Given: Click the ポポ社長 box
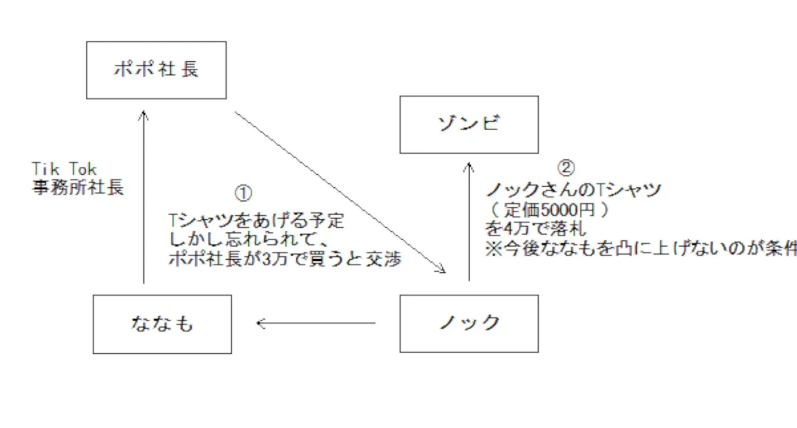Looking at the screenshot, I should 156,70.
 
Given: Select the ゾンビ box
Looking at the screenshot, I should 469,125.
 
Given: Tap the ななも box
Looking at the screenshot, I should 162,324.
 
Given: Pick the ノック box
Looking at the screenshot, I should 469,323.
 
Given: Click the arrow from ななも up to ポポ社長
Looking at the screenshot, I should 143,196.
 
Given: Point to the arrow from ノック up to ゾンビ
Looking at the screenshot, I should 469,220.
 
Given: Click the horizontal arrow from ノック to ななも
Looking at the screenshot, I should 315,323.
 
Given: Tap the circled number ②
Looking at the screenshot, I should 566,168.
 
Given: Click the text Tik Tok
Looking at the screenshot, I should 64,170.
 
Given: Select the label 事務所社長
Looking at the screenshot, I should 78,188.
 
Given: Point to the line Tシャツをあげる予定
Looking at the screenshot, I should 257,221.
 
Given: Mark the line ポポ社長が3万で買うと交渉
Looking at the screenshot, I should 285,260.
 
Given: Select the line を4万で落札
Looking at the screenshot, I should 535,229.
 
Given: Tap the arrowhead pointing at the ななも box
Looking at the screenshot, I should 260,323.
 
